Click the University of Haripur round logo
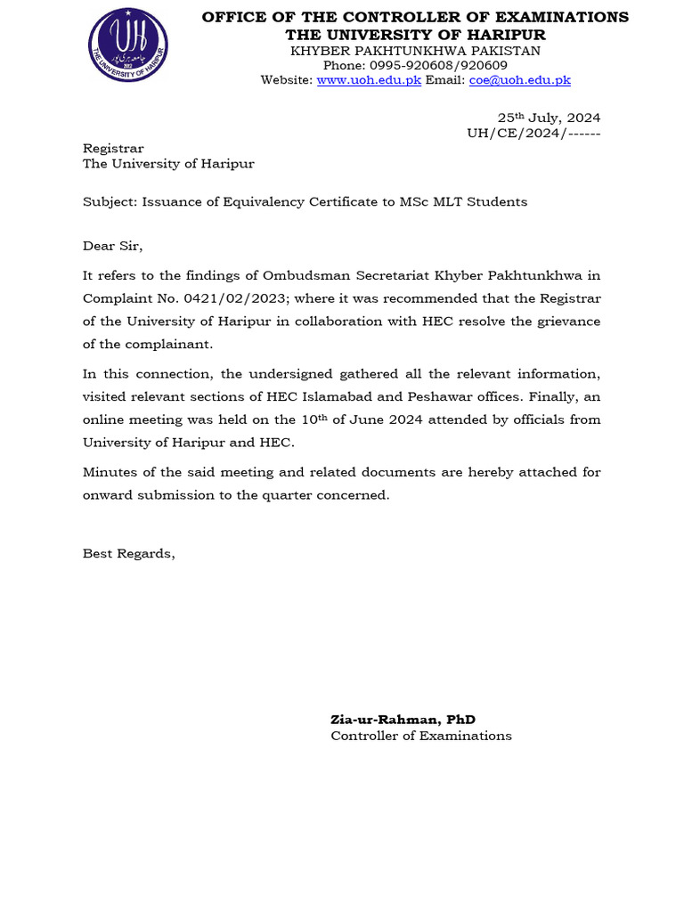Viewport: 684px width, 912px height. click(127, 45)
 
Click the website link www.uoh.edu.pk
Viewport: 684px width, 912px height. click(369, 80)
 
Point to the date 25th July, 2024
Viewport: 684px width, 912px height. click(548, 118)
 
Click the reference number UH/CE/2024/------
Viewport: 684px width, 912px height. click(533, 133)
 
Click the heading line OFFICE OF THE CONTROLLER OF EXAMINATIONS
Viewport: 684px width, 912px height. click(415, 17)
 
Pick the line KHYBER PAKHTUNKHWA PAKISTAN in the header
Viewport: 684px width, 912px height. click(415, 50)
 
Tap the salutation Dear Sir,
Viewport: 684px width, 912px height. click(112, 246)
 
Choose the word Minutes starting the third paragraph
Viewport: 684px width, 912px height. click(110, 472)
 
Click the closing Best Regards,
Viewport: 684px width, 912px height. click(129, 554)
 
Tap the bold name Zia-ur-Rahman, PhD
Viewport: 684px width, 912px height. click(403, 720)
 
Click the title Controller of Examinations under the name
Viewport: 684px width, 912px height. click(421, 736)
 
